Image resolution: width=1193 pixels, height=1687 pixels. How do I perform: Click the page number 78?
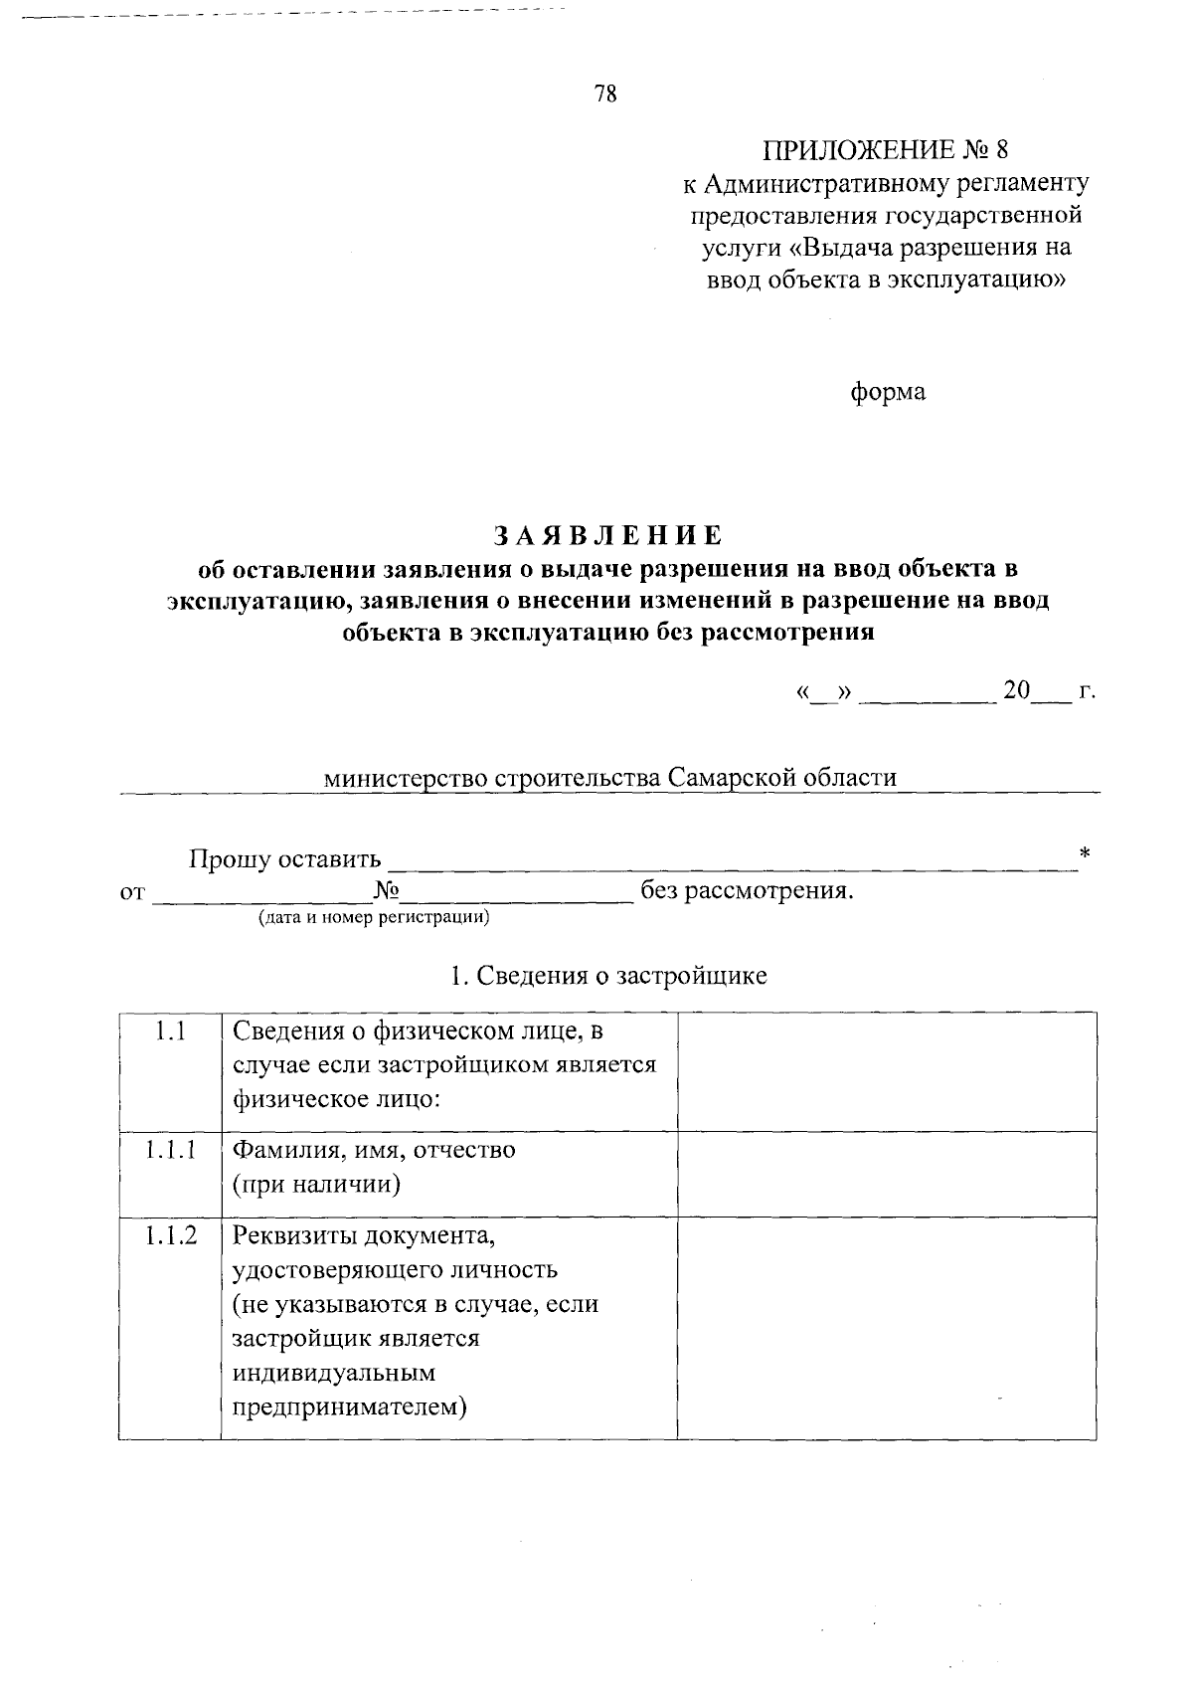[605, 94]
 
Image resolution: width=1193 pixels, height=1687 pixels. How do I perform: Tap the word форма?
[888, 392]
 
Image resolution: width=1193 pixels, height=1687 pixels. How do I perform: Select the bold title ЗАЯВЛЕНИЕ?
[608, 535]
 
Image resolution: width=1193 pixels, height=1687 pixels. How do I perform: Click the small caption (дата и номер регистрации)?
[375, 917]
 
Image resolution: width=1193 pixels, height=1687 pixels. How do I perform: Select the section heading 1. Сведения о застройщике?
[608, 976]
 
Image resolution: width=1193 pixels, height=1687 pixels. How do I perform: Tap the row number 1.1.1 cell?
[170, 1151]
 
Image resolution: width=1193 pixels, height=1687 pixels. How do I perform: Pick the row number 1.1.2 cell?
[170, 1236]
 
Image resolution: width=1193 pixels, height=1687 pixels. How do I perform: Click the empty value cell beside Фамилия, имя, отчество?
[886, 1174]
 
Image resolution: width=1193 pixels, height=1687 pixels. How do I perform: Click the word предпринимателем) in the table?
[350, 1407]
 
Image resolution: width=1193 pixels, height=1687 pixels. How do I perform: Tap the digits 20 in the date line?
[1017, 690]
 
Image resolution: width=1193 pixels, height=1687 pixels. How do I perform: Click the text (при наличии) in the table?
[317, 1184]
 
